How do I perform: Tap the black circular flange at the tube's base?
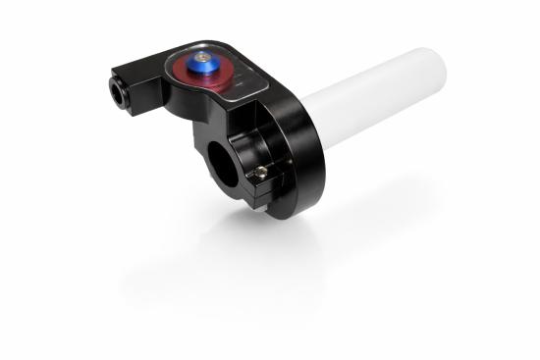click(x=295, y=147)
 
